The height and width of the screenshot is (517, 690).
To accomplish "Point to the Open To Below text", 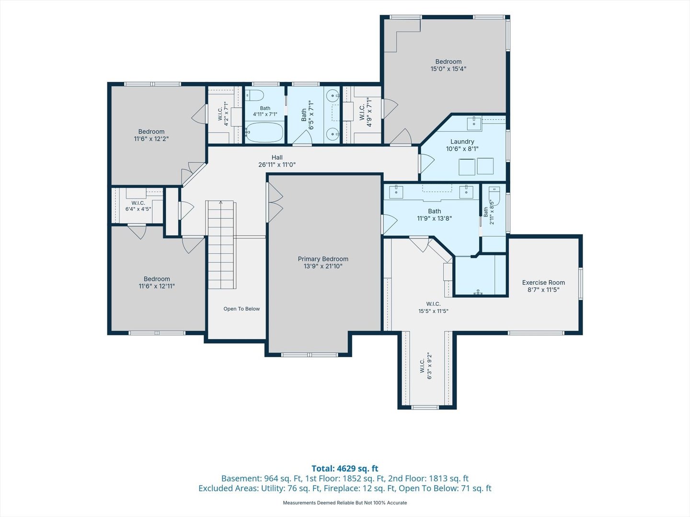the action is [241, 309].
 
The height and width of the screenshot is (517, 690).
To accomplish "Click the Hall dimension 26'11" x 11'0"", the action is [277, 165].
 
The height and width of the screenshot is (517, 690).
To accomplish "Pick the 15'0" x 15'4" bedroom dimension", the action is [448, 69].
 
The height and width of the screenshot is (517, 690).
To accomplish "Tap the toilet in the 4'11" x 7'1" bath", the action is [254, 95].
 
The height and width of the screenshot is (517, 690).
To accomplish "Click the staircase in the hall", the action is [221, 245].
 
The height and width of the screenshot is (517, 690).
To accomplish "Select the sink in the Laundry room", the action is [474, 124].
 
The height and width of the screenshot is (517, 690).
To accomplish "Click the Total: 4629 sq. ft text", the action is [345, 469].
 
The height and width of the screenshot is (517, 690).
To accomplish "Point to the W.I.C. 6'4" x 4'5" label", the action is [138, 206].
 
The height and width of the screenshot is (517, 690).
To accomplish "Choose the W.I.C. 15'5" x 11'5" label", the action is [433, 307].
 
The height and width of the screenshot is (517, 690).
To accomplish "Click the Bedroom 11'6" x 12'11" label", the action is [157, 282].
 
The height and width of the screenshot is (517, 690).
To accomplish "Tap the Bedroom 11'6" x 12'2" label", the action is [151, 135].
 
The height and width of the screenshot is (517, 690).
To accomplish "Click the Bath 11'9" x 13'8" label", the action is [434, 215].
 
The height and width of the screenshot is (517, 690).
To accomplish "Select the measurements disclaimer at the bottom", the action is [345, 503].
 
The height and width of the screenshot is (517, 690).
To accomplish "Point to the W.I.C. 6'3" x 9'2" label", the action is [426, 366].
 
